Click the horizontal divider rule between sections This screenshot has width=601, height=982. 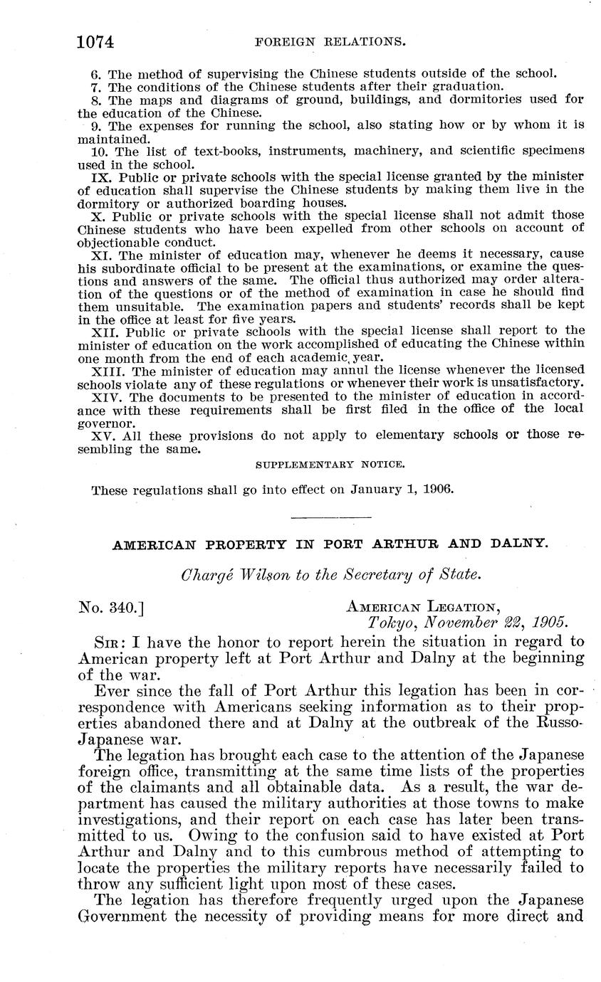(331, 516)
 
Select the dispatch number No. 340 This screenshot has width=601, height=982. (110, 607)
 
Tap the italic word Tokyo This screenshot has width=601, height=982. (387, 622)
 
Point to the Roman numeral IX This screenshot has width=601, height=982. (100, 176)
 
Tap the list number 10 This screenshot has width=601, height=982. (99, 151)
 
